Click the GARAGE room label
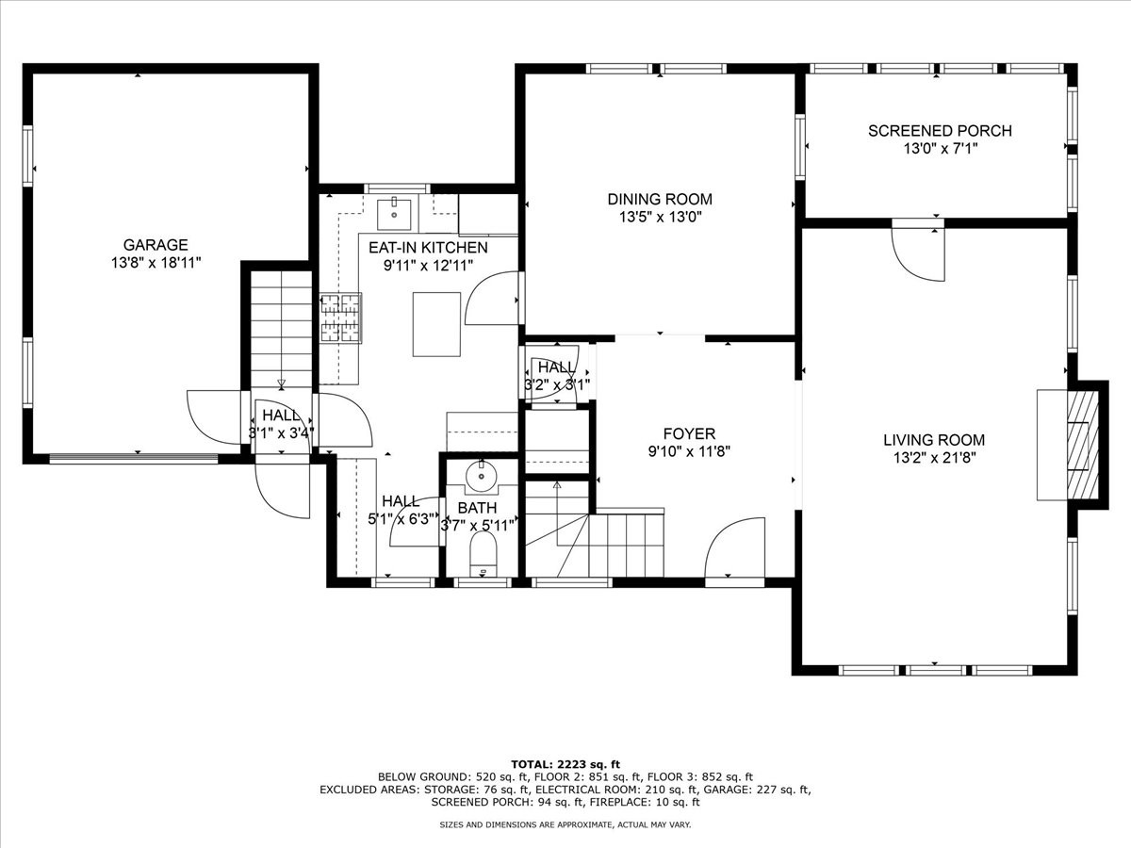point(156,245)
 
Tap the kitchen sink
point(394,215)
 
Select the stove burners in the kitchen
point(340,318)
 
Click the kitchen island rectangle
point(436,324)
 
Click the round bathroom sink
point(482,477)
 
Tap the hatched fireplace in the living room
point(1083,445)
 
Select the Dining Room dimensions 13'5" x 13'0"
point(660,217)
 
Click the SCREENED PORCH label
point(940,131)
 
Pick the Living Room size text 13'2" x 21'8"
point(934,458)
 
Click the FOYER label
point(689,433)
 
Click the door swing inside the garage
point(214,417)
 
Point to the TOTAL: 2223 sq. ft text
point(565,764)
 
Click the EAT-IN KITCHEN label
point(428,248)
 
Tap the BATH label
point(477,508)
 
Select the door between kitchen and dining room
point(492,298)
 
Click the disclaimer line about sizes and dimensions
point(565,824)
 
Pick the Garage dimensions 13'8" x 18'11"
point(156,263)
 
